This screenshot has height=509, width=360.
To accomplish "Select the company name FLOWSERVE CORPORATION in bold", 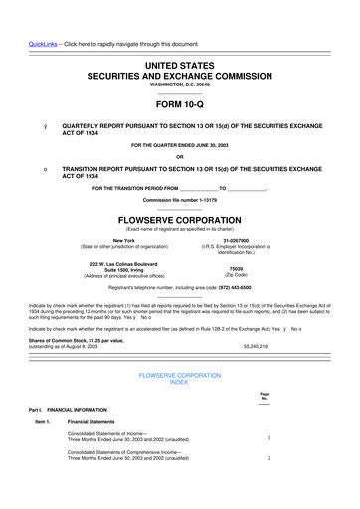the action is tap(180, 219).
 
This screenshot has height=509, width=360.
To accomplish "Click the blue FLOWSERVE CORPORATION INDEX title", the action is tap(180, 378).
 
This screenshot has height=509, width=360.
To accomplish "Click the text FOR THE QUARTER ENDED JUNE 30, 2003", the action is tap(180, 145).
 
